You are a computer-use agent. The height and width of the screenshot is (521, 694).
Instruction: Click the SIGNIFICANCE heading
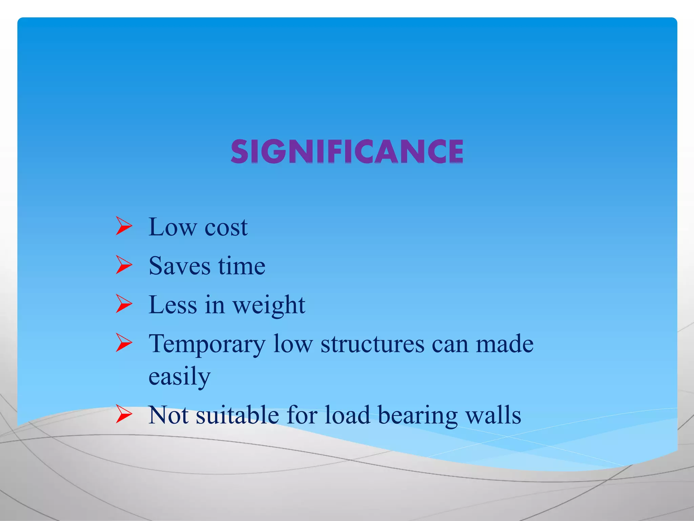tap(347, 151)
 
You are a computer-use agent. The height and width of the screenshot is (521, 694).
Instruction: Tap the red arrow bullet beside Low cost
tap(124, 226)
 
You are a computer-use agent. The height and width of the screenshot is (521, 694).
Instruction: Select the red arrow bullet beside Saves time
tap(124, 265)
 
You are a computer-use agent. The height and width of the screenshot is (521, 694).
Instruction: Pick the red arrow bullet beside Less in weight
tap(124, 304)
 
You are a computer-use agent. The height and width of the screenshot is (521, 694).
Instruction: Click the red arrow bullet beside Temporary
tap(124, 343)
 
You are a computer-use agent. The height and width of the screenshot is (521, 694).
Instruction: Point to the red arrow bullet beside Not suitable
tap(124, 414)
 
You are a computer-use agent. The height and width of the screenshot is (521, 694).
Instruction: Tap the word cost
tap(226, 227)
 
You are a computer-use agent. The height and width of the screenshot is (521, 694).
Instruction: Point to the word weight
tap(269, 305)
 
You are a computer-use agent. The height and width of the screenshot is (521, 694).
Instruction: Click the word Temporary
tap(207, 344)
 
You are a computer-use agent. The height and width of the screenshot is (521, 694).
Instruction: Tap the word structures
tap(372, 344)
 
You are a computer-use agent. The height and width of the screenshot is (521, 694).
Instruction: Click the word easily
tap(180, 377)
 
